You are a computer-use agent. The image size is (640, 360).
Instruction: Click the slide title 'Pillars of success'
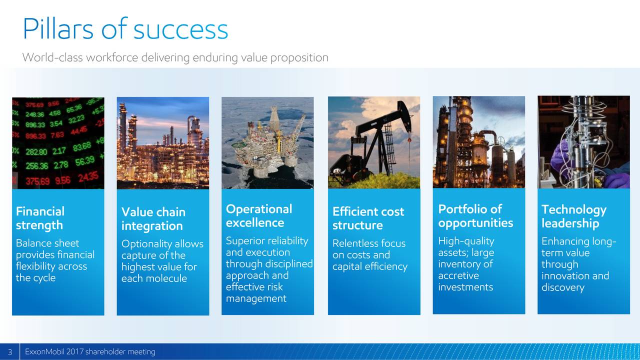[x=125, y=28]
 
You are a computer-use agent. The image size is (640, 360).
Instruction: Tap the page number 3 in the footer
[x=10, y=351]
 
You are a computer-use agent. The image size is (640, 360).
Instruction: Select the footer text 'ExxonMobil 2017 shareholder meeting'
[x=90, y=351]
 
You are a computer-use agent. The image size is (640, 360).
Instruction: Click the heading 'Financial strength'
[x=40, y=218]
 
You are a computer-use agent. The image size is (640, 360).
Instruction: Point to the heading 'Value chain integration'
[x=153, y=219]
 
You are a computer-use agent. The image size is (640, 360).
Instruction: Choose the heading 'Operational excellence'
[x=259, y=215]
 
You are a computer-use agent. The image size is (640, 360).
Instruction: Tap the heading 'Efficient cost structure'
[x=368, y=218]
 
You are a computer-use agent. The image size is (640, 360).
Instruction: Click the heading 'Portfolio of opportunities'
[x=475, y=216]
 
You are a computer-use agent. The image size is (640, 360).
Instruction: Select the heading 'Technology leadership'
[x=573, y=216]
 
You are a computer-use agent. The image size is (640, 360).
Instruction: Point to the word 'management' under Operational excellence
[x=256, y=298]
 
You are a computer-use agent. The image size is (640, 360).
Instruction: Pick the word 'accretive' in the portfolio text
[x=458, y=275]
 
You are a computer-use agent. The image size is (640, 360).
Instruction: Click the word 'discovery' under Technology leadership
[x=563, y=287]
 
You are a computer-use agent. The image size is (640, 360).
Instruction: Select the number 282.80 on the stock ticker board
[x=36, y=151]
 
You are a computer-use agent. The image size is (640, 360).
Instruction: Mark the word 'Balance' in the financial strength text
[x=31, y=243]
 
